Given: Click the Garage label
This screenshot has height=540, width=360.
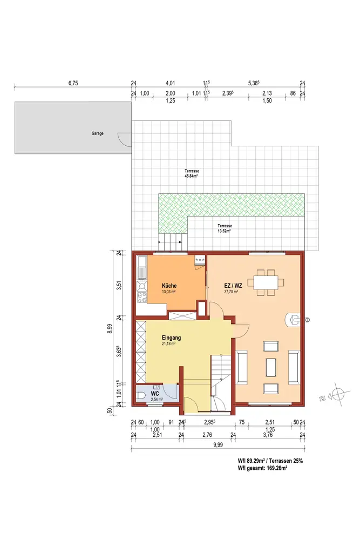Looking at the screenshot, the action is (97, 133).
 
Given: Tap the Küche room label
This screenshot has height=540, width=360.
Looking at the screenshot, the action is (169, 286).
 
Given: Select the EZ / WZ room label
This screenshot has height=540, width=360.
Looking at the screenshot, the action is (233, 286).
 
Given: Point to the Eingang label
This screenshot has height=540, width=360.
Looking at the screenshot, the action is (171, 338).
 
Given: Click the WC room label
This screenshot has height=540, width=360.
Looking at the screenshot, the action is (155, 394).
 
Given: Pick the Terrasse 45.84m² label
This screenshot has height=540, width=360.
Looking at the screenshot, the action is (192, 173).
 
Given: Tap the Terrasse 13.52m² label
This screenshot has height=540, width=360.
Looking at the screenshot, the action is (224, 228).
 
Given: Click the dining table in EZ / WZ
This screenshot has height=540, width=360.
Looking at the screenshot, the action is (266, 283).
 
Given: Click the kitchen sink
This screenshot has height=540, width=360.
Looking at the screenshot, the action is (142, 268).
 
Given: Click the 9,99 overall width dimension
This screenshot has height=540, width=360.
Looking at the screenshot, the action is (218, 444).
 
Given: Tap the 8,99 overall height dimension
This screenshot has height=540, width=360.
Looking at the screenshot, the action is (110, 328).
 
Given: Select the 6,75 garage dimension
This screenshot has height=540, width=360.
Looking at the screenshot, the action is (73, 83).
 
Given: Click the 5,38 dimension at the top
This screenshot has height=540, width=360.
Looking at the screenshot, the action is (254, 83).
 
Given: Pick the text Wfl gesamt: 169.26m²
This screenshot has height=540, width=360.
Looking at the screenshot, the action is (263, 468).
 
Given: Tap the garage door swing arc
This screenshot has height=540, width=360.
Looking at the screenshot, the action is (125, 139).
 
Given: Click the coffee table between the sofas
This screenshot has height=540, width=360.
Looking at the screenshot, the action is (270, 367).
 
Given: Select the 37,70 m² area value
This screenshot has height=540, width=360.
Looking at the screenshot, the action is (231, 292).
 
